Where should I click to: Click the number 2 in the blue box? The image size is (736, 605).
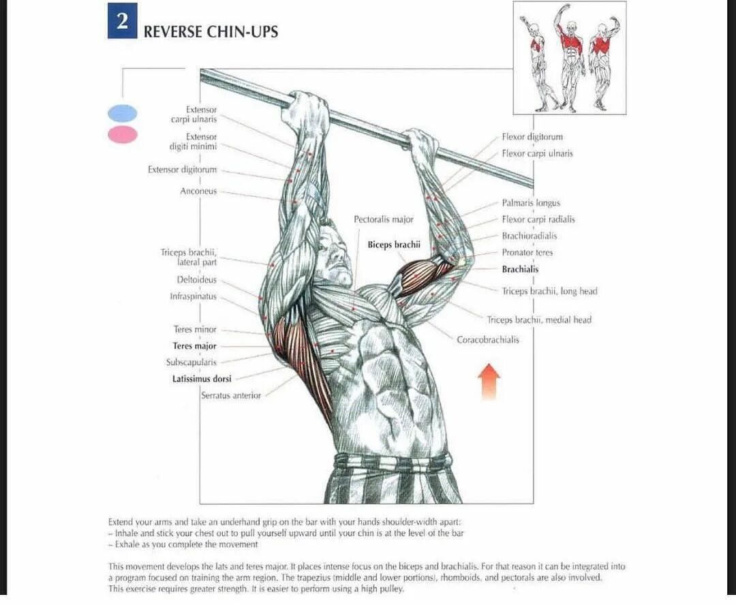122,20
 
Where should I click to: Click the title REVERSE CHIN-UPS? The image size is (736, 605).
211,31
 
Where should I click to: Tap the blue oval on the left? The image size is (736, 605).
123,113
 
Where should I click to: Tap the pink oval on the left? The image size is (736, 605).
123,135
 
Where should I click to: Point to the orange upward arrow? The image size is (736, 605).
489,381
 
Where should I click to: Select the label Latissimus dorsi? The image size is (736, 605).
202,379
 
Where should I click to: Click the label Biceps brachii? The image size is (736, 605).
394,245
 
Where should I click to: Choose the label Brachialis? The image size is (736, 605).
520,269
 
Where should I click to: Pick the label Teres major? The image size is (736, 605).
194,346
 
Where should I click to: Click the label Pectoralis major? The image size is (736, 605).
383,219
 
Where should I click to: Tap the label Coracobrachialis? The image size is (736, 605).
487,339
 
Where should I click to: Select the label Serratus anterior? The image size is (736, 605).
231,395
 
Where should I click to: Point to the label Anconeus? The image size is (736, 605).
198,191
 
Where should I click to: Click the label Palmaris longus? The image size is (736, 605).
531,203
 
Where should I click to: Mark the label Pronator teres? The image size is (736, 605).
527,253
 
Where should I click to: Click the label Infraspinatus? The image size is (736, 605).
193,296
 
